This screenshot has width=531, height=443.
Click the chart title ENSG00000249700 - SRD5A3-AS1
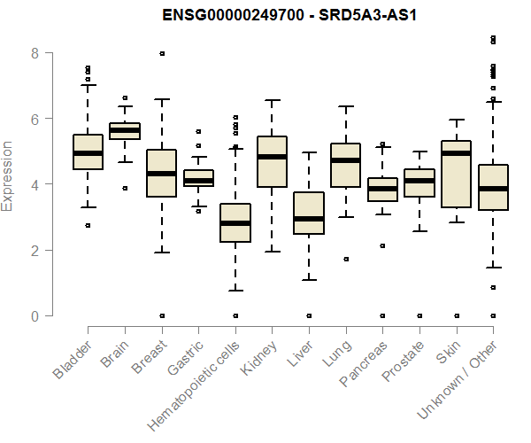tap(282, 15)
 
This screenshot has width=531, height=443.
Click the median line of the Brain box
tap(125, 130)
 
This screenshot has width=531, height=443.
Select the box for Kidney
tap(272, 161)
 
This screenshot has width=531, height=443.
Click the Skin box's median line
tap(456, 153)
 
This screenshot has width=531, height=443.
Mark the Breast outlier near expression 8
tap(162, 53)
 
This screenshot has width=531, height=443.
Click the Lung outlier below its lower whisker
tap(345, 259)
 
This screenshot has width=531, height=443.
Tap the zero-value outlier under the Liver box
tap(308, 315)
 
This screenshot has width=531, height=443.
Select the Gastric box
tap(198, 178)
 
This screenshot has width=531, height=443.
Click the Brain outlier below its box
tap(125, 188)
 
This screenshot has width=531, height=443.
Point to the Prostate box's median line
tap(419, 181)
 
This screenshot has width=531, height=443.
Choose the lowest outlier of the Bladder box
tap(88, 225)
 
